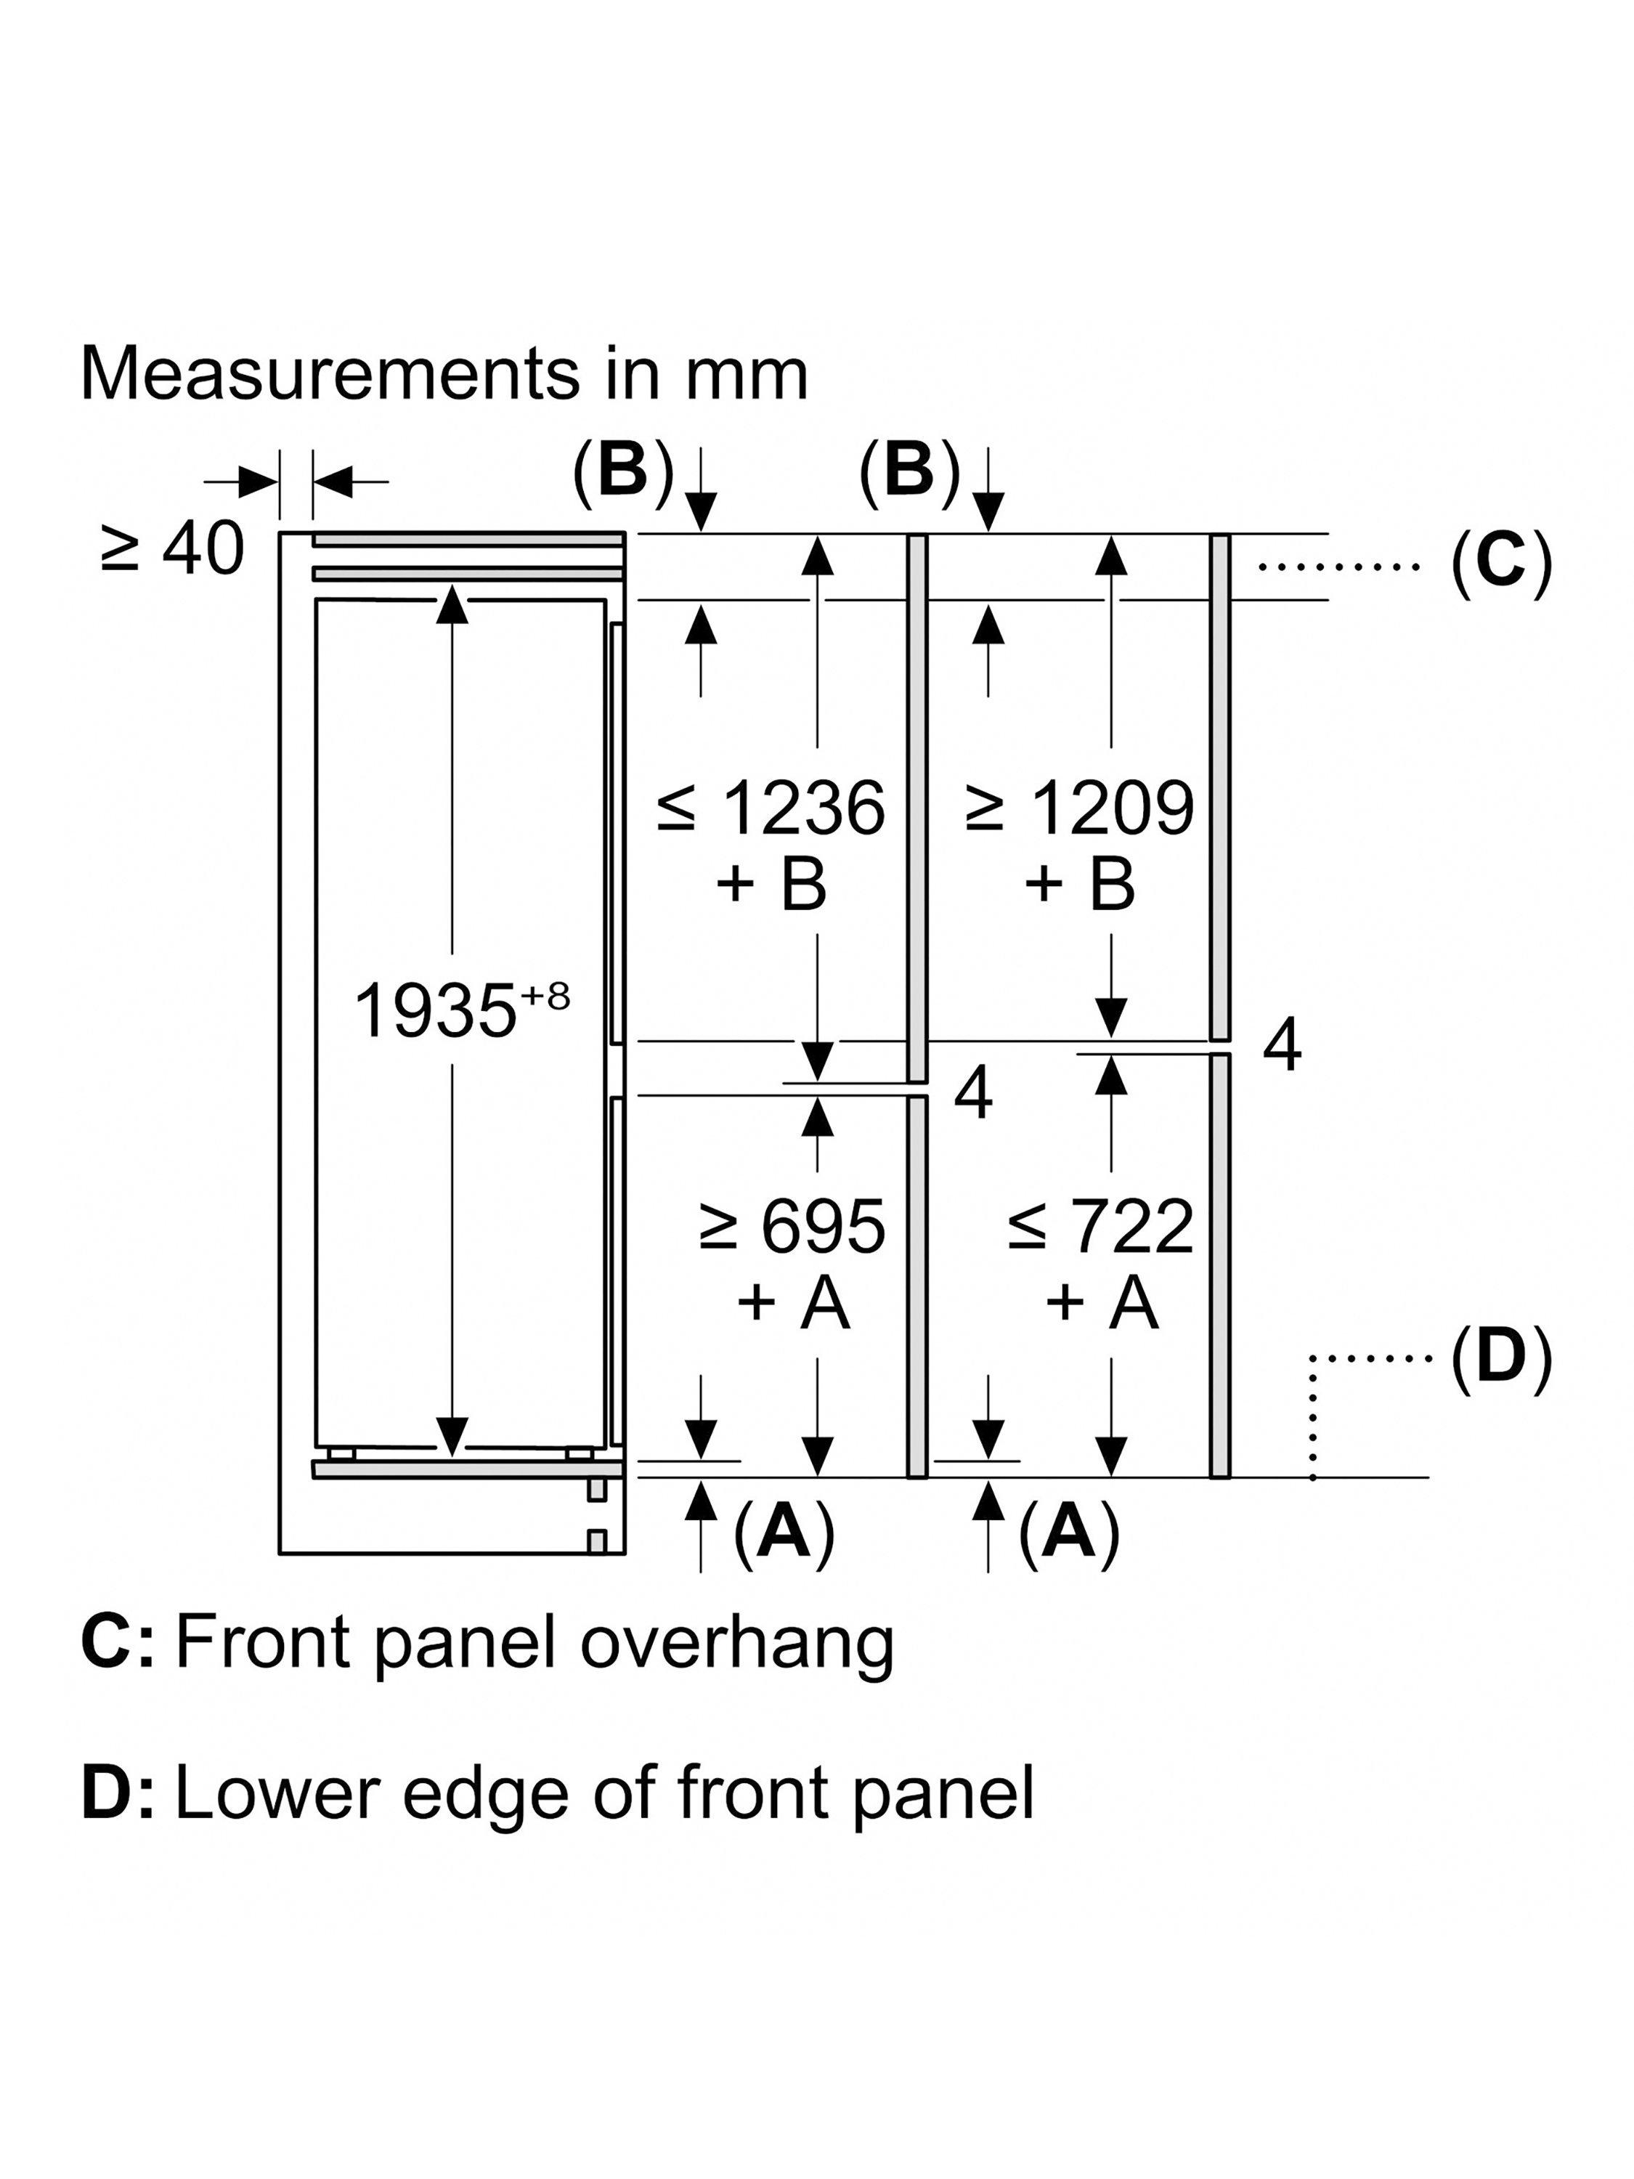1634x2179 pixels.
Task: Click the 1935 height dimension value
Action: pyautogui.click(x=434, y=1012)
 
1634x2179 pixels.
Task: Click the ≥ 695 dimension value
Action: pyautogui.click(x=792, y=1228)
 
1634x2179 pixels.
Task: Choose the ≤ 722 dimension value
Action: pyautogui.click(x=1100, y=1228)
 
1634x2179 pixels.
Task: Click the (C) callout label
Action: pyautogui.click(x=1501, y=565)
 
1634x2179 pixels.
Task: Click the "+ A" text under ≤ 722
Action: pyautogui.click(x=1101, y=1302)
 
